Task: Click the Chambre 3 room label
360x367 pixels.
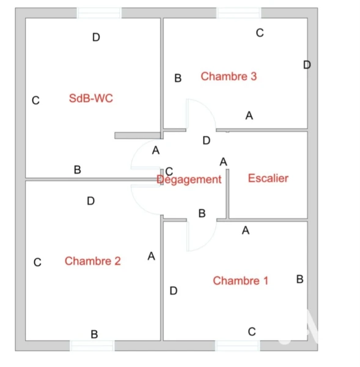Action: tap(229, 76)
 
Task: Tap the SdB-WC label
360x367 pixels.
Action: tap(91, 98)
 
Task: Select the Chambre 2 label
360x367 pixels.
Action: tap(93, 261)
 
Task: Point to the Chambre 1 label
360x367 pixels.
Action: tap(240, 281)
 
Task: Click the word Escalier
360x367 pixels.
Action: tap(268, 179)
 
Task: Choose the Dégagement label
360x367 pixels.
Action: tap(189, 180)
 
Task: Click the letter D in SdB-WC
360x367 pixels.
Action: tap(96, 37)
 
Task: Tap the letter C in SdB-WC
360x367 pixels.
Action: tap(35, 101)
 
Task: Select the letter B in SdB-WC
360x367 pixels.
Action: tap(78, 169)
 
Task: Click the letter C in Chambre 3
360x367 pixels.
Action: tap(260, 33)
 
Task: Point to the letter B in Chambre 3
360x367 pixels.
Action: tap(178, 78)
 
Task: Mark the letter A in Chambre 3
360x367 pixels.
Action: tap(249, 116)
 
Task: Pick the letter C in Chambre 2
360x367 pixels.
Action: tap(37, 262)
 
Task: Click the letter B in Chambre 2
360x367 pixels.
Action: tap(94, 334)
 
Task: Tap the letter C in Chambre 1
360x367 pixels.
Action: tap(252, 332)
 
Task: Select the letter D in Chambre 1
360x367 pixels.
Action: tap(174, 291)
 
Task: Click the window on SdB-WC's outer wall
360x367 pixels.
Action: tap(99, 13)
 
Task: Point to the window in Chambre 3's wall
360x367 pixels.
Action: tap(238, 13)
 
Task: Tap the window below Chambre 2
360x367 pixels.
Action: tap(92, 346)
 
